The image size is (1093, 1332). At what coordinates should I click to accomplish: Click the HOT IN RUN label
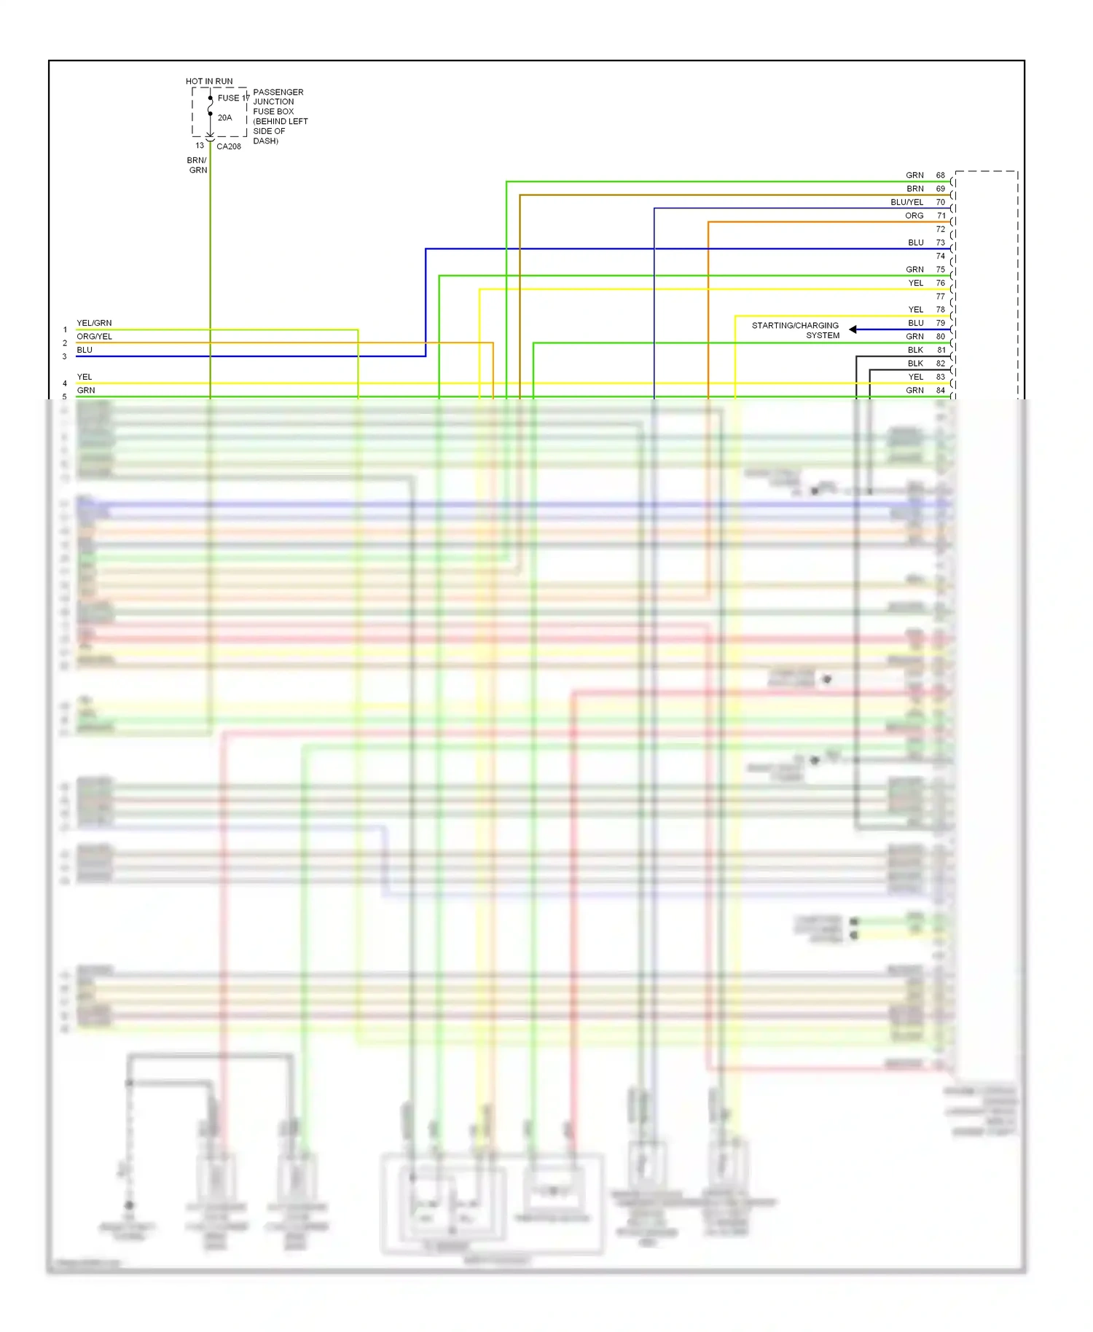point(209,82)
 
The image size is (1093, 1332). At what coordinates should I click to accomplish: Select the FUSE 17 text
point(232,98)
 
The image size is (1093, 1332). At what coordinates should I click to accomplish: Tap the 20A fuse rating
point(224,117)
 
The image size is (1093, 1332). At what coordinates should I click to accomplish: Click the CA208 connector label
point(229,146)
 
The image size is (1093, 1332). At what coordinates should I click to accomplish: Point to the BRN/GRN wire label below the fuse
point(197,165)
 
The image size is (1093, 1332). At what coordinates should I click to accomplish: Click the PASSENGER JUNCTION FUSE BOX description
point(279,117)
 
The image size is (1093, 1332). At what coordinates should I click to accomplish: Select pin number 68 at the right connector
point(941,176)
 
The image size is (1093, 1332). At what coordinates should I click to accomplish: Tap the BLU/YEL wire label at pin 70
point(906,203)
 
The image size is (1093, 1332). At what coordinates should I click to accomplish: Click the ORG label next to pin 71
point(914,216)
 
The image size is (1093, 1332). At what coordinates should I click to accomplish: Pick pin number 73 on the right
point(941,243)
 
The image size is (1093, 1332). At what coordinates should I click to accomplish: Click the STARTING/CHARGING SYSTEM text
point(796,330)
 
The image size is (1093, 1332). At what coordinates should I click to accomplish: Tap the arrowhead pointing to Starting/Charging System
point(853,330)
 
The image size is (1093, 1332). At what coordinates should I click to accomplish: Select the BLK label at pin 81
point(915,350)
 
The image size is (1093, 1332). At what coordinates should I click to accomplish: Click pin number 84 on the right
point(941,391)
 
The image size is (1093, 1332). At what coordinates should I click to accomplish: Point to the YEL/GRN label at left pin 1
point(94,323)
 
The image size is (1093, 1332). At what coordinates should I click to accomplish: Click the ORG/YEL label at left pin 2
point(94,337)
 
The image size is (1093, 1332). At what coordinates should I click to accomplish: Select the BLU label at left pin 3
point(85,350)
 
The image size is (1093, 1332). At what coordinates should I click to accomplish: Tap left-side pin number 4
point(65,383)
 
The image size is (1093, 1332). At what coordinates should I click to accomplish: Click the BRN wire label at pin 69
point(915,189)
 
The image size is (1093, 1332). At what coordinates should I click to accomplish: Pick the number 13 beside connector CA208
point(200,146)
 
